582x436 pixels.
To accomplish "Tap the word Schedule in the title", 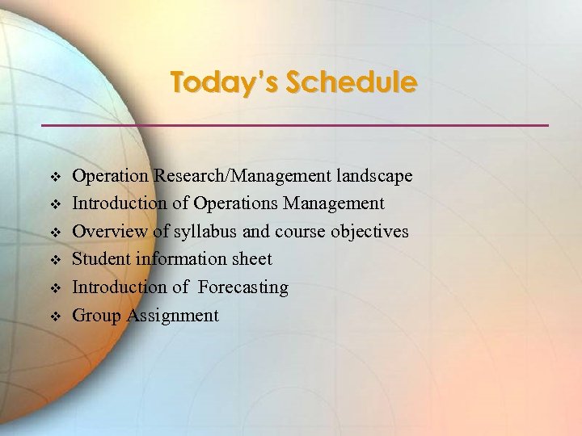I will (x=352, y=82).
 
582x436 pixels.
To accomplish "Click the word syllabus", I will (x=202, y=232).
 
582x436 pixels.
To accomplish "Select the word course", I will (x=295, y=232).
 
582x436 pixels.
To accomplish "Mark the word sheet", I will (x=253, y=259).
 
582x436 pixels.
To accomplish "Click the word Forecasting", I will (x=243, y=287).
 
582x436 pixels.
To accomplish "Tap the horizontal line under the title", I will (x=295, y=125).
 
